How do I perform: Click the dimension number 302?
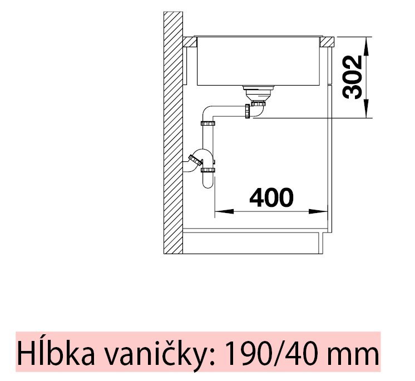coord(352,77)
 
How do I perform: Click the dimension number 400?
coord(271,197)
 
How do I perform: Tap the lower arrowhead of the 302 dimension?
coord(366,108)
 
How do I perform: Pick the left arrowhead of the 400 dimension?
coord(224,211)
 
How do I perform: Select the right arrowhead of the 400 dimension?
coord(318,211)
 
